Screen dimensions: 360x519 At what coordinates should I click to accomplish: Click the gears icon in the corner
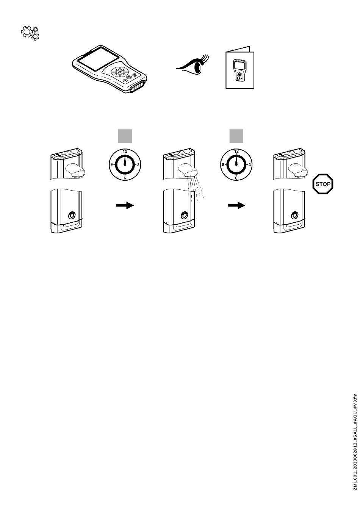[31, 33]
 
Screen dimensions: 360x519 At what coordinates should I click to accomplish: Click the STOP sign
[323, 185]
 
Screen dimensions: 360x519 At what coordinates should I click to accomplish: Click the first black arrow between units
[125, 205]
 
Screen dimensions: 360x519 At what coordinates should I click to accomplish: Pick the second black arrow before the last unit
[236, 205]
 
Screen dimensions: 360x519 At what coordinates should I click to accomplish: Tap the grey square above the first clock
[125, 136]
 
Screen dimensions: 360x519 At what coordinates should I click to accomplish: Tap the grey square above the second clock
[236, 136]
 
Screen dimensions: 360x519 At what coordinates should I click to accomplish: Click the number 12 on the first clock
[125, 151]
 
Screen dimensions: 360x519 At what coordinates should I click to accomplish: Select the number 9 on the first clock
[111, 165]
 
